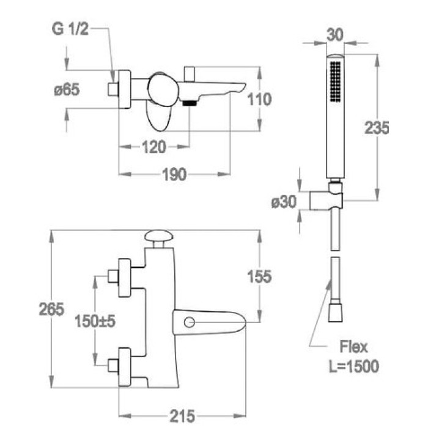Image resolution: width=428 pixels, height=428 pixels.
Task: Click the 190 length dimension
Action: point(174,175)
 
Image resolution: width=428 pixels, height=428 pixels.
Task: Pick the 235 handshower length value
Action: point(377,128)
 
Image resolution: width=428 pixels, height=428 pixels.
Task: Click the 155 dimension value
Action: point(259,276)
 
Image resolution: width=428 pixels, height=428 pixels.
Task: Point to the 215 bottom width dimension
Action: point(183,416)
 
